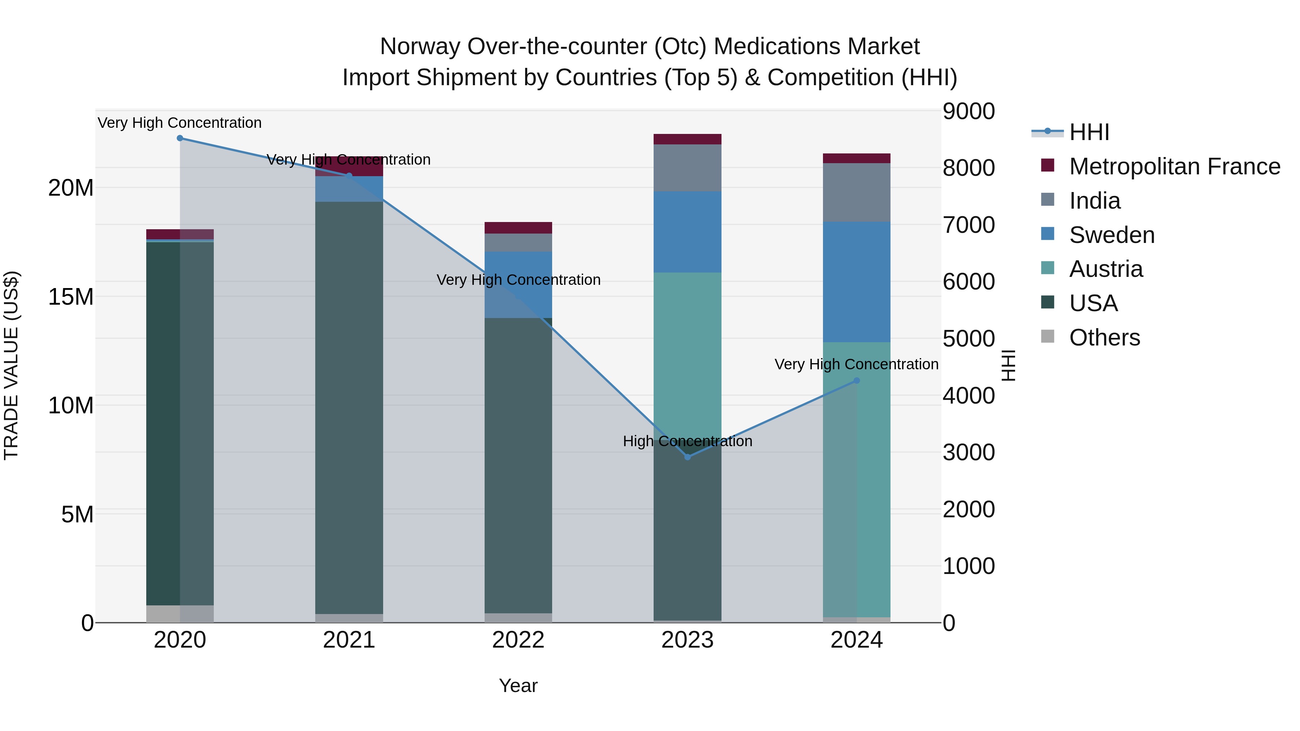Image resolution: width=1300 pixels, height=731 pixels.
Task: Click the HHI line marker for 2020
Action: point(180,138)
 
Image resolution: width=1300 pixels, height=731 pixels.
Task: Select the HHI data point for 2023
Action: point(687,457)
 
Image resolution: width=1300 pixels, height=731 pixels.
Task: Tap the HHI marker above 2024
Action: point(857,381)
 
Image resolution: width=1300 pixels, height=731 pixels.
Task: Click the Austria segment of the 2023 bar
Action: point(687,353)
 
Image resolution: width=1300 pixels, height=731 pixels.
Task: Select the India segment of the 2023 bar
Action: point(687,167)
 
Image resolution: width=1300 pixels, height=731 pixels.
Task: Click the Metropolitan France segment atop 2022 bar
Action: point(518,227)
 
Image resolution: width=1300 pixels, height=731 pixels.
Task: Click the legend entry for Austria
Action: point(1105,269)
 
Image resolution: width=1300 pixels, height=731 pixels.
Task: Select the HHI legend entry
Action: point(1088,132)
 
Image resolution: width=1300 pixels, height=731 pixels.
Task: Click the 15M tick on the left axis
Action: point(71,297)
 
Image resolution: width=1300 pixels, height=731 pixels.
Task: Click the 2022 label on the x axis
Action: point(518,640)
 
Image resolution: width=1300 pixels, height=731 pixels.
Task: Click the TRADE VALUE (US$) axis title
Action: point(11,365)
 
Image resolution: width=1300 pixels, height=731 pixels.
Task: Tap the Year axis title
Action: point(518,686)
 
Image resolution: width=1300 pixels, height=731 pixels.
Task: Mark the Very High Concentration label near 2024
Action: point(857,364)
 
